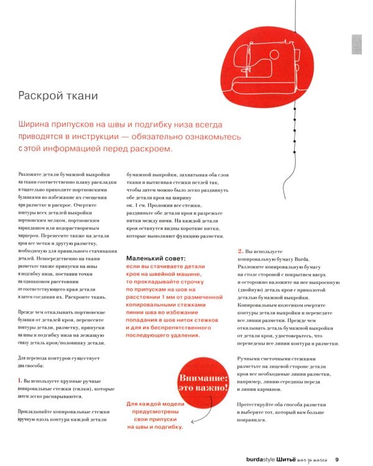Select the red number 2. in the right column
pyautogui.click(x=240, y=250)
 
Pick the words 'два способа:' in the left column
pyautogui.click(x=30, y=366)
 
